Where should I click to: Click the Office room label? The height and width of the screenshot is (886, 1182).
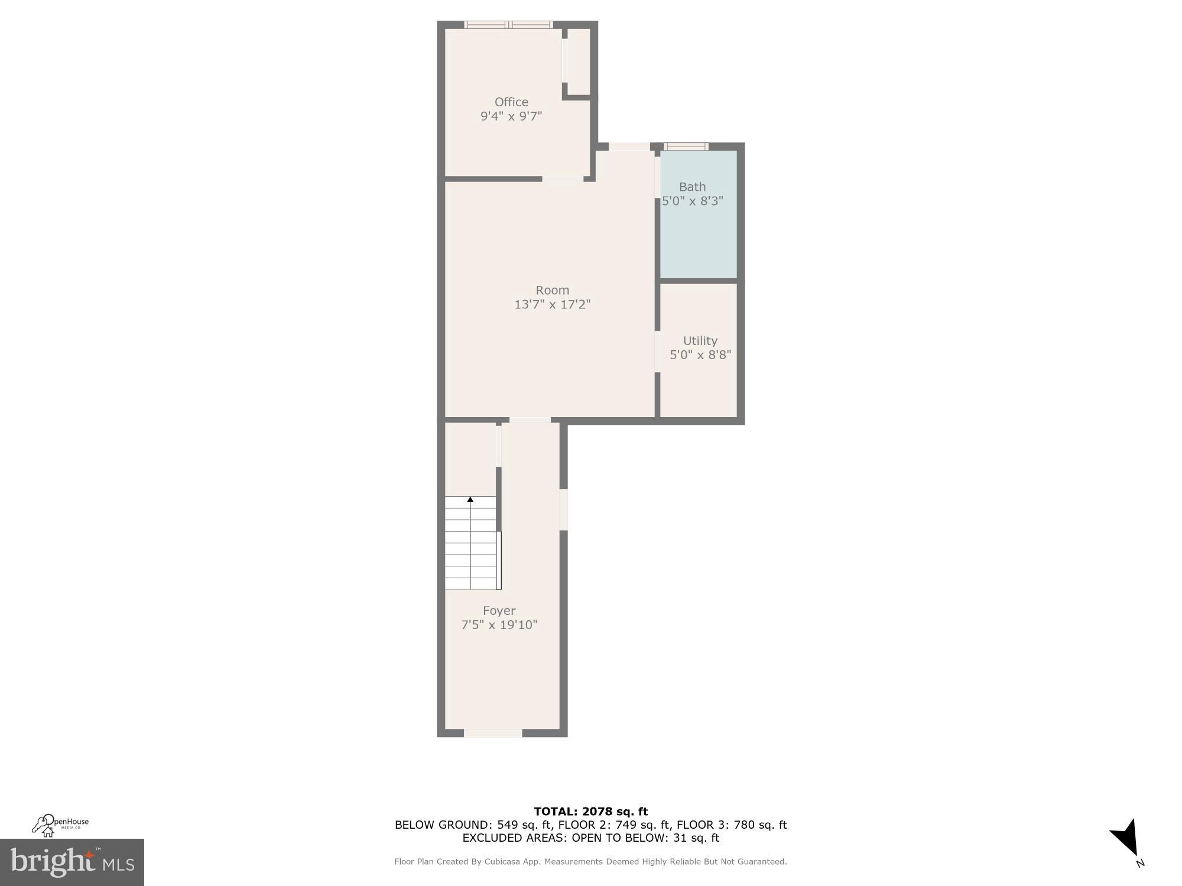[511, 102]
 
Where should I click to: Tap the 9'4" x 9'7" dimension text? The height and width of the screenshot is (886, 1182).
[511, 116]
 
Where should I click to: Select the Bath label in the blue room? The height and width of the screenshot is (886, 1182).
[692, 187]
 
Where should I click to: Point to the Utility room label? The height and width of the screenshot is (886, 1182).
[700, 341]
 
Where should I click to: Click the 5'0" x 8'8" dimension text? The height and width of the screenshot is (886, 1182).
[700, 355]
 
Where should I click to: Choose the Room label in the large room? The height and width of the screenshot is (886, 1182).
[552, 290]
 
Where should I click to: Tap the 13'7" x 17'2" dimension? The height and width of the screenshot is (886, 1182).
[552, 305]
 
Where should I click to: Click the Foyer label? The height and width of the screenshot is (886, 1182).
[499, 611]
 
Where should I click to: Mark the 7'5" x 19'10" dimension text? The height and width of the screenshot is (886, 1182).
[499, 625]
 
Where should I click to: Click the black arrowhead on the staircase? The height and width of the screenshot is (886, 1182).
[470, 500]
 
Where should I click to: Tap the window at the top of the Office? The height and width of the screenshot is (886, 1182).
[508, 25]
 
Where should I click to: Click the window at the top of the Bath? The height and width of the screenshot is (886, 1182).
[686, 146]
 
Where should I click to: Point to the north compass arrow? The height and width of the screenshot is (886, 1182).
[1126, 838]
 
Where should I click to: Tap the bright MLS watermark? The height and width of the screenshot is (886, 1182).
[72, 862]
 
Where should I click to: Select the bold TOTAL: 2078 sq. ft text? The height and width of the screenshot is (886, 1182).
[590, 812]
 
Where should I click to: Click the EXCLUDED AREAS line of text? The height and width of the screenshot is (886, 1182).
[590, 838]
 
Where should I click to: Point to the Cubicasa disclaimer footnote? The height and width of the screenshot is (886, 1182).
[590, 862]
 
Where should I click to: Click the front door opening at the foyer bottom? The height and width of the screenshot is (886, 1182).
[493, 733]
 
